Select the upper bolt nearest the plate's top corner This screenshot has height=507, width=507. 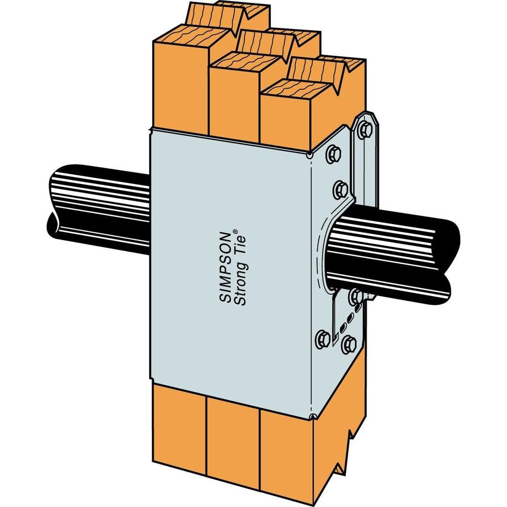tap(333, 153)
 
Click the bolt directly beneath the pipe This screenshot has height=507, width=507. tap(356, 296)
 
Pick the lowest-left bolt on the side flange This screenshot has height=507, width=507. tap(322, 339)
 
